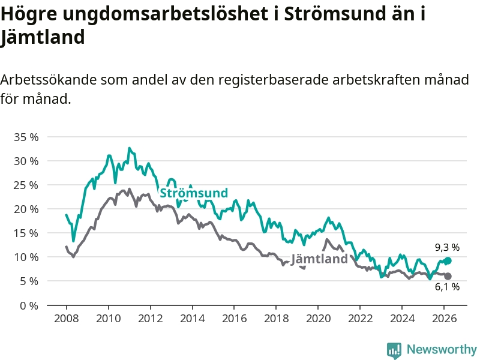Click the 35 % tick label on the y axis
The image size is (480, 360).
(26, 137)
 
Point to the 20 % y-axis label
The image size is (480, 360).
(26, 209)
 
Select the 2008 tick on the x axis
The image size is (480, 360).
(66, 318)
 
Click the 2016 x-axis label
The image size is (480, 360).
(234, 318)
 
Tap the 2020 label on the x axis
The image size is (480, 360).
(318, 318)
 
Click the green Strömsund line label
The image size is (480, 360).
(193, 193)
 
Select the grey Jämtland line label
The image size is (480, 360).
(319, 259)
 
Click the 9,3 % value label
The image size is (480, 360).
(447, 247)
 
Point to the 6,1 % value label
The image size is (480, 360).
(447, 287)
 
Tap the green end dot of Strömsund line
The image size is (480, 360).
(448, 261)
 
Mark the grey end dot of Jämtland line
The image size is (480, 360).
(448, 276)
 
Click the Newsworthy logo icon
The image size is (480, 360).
(394, 350)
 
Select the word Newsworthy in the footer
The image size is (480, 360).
(442, 350)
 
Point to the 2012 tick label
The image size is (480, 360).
(150, 318)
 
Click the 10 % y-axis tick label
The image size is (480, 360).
(26, 257)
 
